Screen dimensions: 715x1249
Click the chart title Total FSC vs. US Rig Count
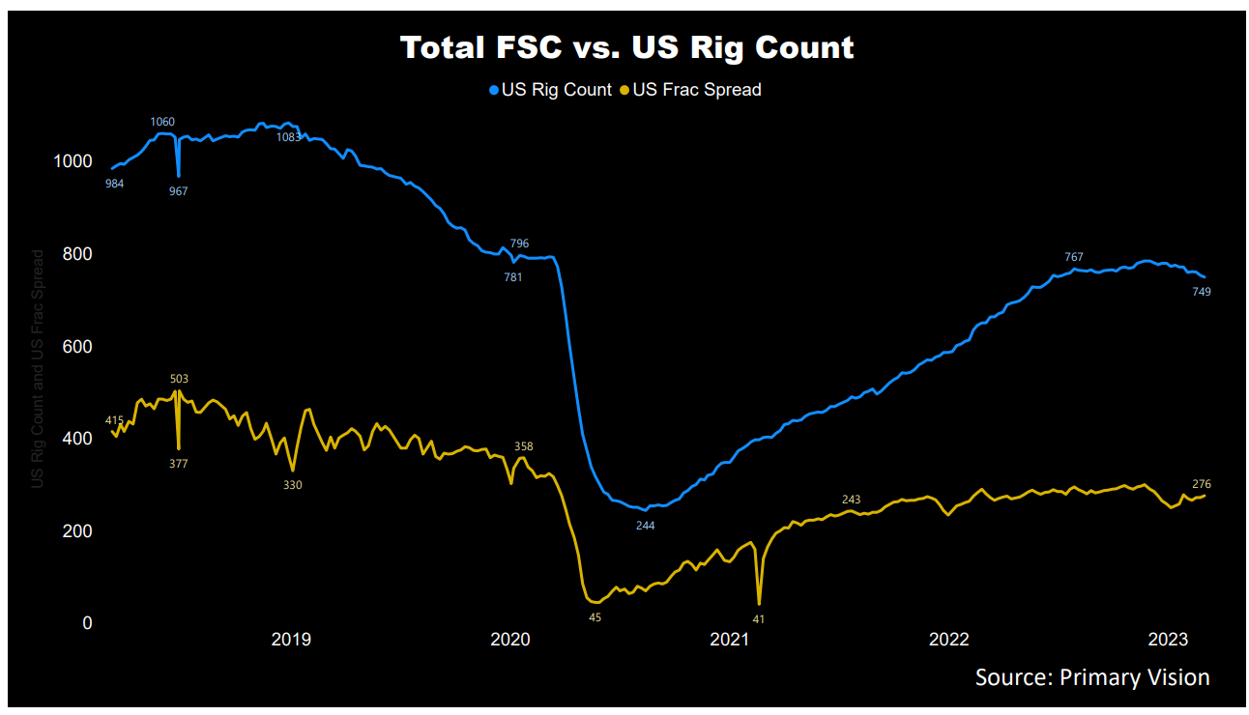pyautogui.click(x=627, y=47)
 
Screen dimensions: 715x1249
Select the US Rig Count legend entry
pyautogui.click(x=550, y=90)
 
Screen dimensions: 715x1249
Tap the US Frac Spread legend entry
pyautogui.click(x=690, y=90)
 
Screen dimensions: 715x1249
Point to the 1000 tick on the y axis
pyautogui.click(x=73, y=161)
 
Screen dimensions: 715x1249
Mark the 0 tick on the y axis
pyautogui.click(x=87, y=623)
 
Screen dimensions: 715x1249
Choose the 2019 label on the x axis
pyautogui.click(x=291, y=640)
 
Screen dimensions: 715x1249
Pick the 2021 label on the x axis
pyautogui.click(x=729, y=640)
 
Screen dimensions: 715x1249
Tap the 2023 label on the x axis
pyautogui.click(x=1168, y=640)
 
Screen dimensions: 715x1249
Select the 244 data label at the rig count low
pyautogui.click(x=645, y=526)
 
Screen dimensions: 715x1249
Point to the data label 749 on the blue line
pyautogui.click(x=1201, y=292)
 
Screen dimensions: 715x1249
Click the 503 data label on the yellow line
pyautogui.click(x=179, y=379)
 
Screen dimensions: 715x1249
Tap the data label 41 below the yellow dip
pyautogui.click(x=758, y=618)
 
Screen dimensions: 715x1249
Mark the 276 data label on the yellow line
pyautogui.click(x=1201, y=484)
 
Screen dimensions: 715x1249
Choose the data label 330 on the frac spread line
pyautogui.click(x=292, y=485)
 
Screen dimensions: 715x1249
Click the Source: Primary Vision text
pyautogui.click(x=1092, y=677)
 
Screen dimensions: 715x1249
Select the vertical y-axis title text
pyautogui.click(x=38, y=368)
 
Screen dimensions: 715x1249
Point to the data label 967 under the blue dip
pyautogui.click(x=178, y=191)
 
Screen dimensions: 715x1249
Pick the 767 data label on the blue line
pyautogui.click(x=1073, y=257)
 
